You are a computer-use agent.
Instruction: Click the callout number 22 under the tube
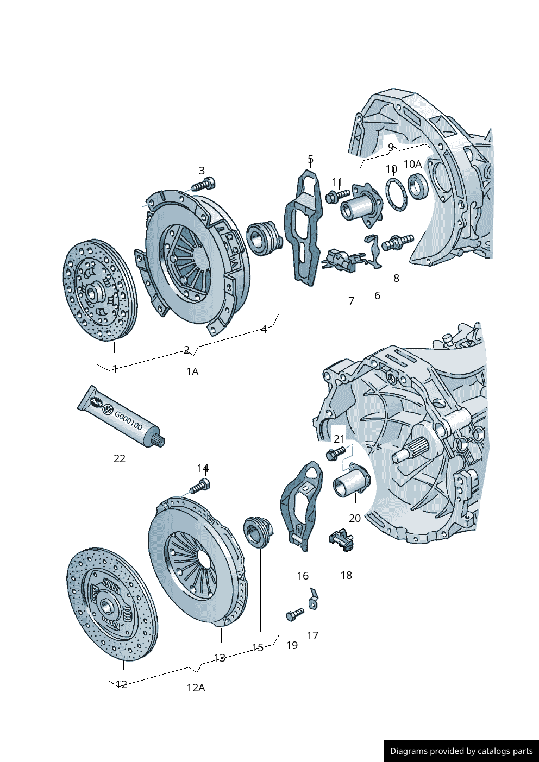120,458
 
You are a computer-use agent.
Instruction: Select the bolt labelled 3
204,184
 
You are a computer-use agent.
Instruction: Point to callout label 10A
412,164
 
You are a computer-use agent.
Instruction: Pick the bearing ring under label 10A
417,186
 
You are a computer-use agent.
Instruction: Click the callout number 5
310,160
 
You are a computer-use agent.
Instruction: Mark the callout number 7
351,301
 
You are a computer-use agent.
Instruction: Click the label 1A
192,371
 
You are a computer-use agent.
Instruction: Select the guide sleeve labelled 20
352,482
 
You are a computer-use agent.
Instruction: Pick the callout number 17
312,635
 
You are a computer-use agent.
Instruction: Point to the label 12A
196,688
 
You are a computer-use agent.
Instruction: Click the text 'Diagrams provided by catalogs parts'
461,751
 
